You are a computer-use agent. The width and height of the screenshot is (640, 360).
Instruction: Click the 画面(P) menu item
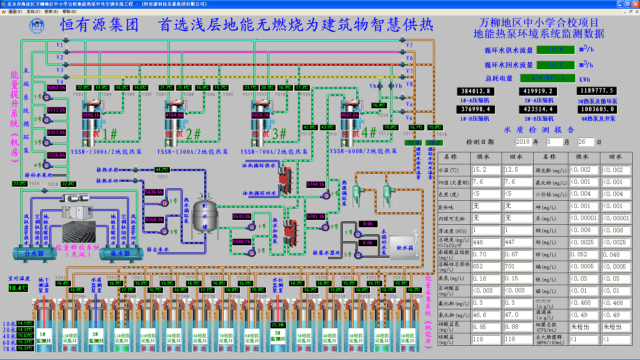coord(15,12)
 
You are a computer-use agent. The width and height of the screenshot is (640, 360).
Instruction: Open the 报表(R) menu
coord(51,12)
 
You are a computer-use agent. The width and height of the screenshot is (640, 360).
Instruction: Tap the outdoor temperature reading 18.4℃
coord(18,288)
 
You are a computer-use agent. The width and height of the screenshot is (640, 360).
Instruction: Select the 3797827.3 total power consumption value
coord(548,78)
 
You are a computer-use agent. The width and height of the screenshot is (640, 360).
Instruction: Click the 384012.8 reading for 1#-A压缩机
coord(475,91)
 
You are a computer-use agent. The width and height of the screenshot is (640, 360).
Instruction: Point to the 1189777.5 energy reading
coord(596,91)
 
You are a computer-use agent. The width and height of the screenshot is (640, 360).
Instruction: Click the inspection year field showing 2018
coord(523,142)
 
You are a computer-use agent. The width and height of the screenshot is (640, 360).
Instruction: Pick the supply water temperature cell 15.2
coord(486,170)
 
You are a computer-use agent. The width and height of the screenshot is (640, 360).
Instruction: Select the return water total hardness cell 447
coord(517,242)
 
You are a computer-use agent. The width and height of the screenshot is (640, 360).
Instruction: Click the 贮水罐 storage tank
coord(205,216)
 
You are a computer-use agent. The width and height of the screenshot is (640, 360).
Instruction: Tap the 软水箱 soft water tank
coord(404,248)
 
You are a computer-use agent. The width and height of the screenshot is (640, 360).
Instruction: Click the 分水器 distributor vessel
coord(34,254)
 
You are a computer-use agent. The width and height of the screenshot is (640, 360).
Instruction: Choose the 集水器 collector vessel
coord(120,254)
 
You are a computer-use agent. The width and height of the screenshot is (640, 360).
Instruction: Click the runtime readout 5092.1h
coord(56,88)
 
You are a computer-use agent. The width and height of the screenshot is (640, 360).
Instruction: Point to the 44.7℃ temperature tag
coord(162,170)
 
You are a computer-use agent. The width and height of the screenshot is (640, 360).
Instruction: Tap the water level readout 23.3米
coord(278,325)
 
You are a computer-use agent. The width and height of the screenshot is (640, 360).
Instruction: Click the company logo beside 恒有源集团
coord(37,26)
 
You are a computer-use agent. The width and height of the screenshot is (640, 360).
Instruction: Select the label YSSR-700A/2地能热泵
coord(274,152)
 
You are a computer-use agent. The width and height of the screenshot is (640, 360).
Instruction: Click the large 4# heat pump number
coord(369,133)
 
